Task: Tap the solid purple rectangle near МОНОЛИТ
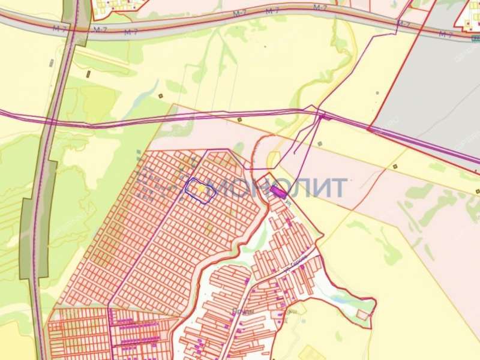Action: tap(277, 192)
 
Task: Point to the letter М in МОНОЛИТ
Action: tap(227, 188)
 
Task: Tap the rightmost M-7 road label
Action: tap(445, 34)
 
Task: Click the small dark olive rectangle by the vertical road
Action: tap(88, 74)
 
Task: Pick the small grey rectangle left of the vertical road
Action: tap(52, 62)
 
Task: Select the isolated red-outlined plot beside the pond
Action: tap(362, 314)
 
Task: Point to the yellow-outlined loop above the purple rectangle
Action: tap(273, 160)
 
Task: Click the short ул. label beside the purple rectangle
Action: tap(289, 204)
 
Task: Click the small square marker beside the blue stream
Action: tap(160, 96)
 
